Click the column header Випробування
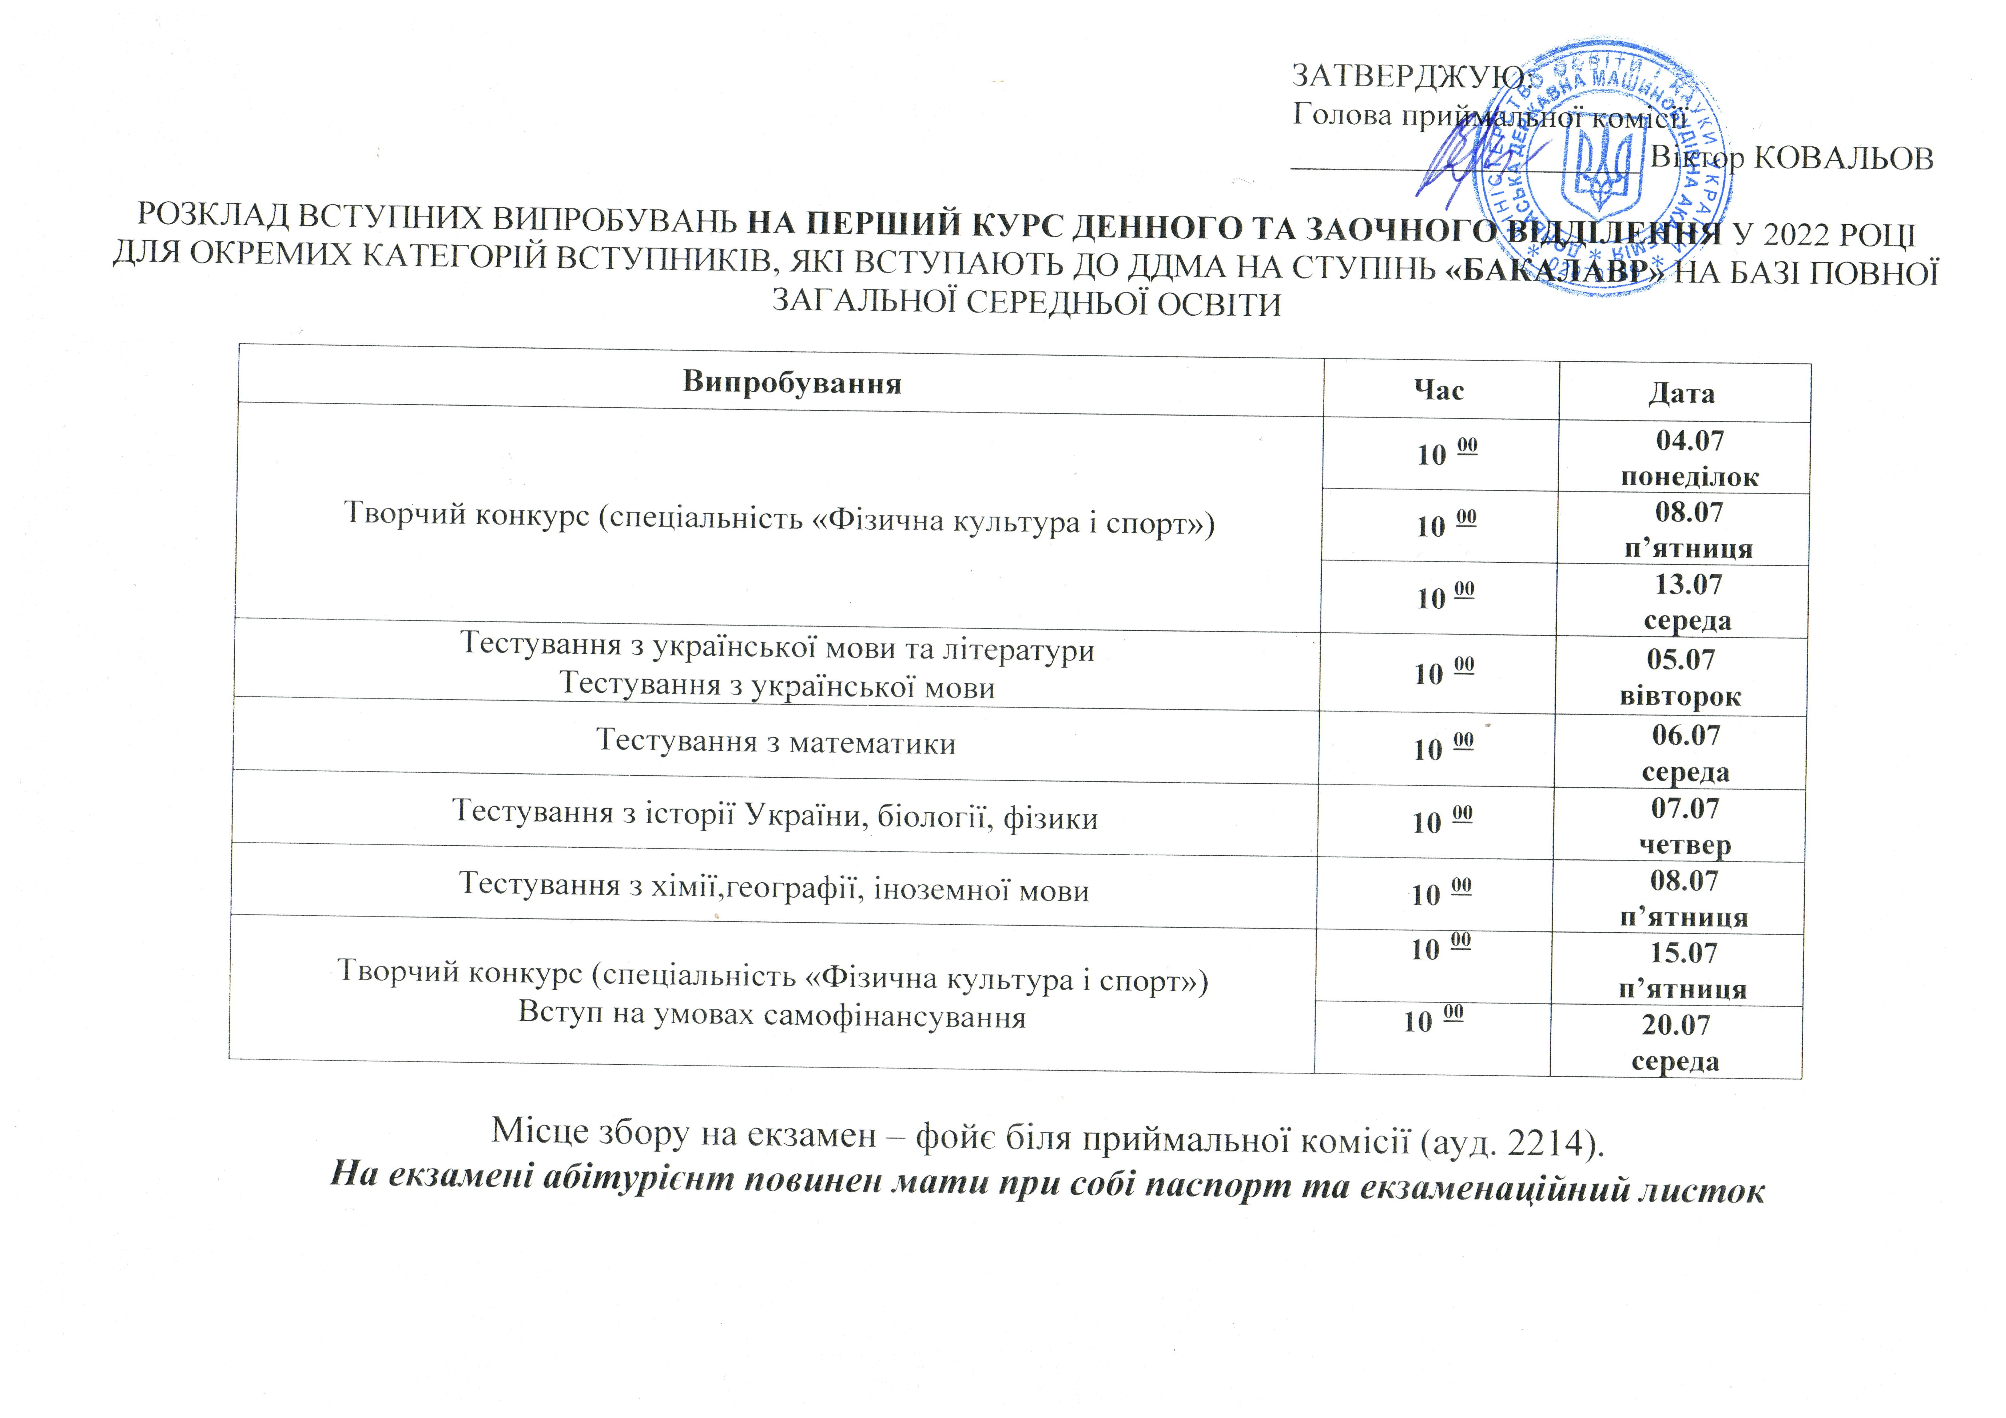792,383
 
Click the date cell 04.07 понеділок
1689,458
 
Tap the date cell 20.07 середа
1675,1042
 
